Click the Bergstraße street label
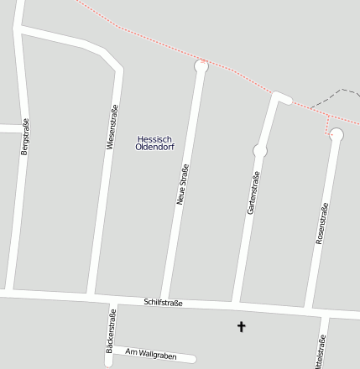[24, 137]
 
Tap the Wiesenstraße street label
[112, 126]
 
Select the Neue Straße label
[181, 184]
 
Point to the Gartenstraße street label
[253, 192]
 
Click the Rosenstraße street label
[321, 224]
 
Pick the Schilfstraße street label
[163, 302]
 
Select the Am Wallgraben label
[151, 355]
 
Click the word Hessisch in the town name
[154, 138]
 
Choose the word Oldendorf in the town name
[154, 148]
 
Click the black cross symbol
[242, 326]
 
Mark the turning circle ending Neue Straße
[201, 65]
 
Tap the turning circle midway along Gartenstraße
[260, 151]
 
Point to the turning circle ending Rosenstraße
[337, 134]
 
